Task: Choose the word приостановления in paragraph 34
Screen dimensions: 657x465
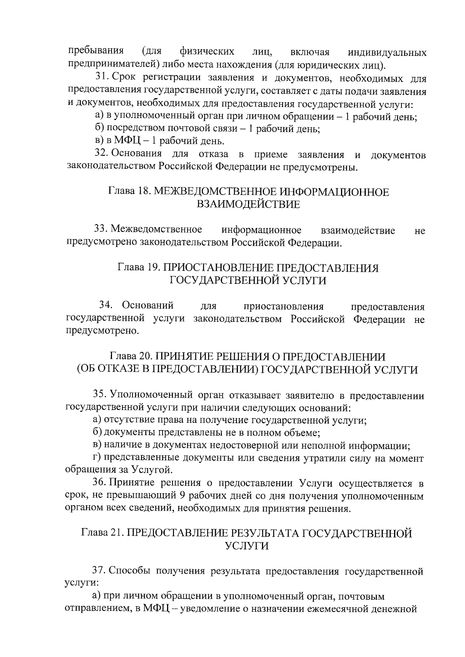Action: pos(284,307)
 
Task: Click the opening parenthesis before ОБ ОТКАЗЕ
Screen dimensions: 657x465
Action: pos(79,369)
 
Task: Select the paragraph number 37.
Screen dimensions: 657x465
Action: pos(98,571)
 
